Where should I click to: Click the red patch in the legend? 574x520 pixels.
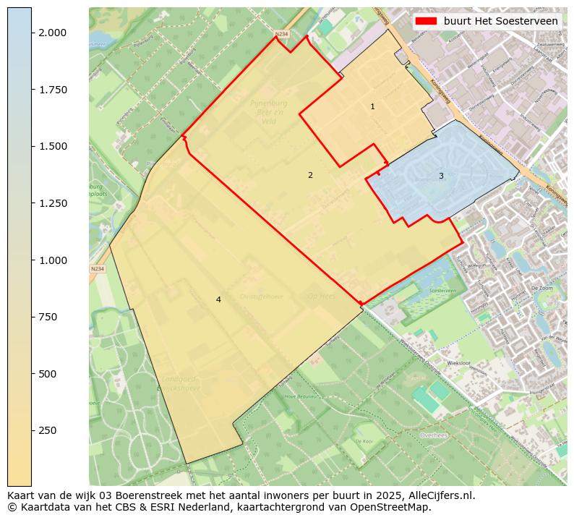click(426, 22)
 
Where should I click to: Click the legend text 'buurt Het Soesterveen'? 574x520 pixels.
click(500, 22)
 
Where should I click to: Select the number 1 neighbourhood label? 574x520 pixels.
click(372, 107)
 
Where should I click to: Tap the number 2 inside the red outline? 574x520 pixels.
click(310, 175)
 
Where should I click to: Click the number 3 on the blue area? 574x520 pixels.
click(441, 176)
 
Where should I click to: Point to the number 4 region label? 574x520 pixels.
click(218, 299)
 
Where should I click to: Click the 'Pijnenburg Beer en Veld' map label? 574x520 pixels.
click(269, 113)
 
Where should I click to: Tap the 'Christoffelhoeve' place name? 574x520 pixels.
click(261, 297)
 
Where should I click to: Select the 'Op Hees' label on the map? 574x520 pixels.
click(321, 296)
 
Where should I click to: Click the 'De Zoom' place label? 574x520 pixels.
click(541, 288)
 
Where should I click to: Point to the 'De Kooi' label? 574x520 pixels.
click(364, 440)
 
